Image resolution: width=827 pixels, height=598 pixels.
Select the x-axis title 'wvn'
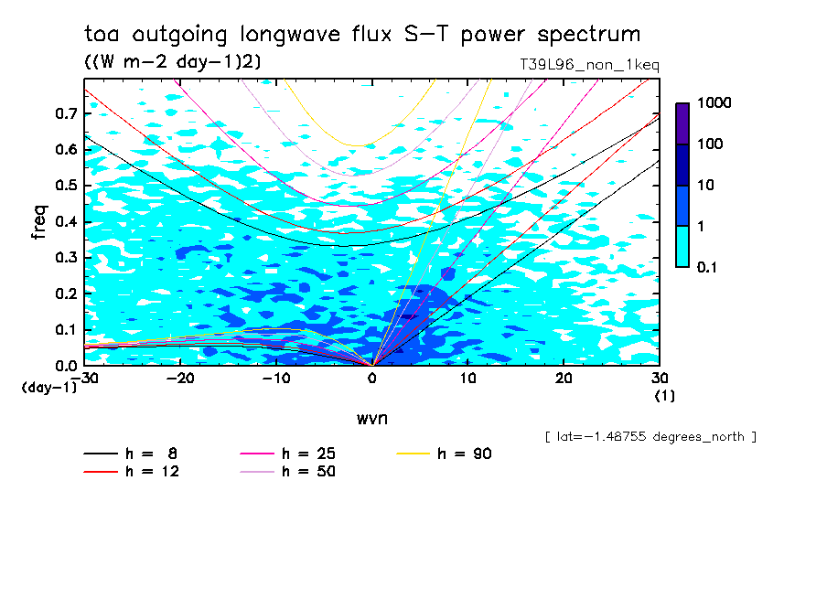(x=371, y=418)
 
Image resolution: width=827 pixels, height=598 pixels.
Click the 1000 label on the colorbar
(x=714, y=103)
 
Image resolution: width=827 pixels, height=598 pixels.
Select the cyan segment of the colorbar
(x=682, y=246)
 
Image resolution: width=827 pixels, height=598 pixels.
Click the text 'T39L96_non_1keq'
(x=588, y=65)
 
